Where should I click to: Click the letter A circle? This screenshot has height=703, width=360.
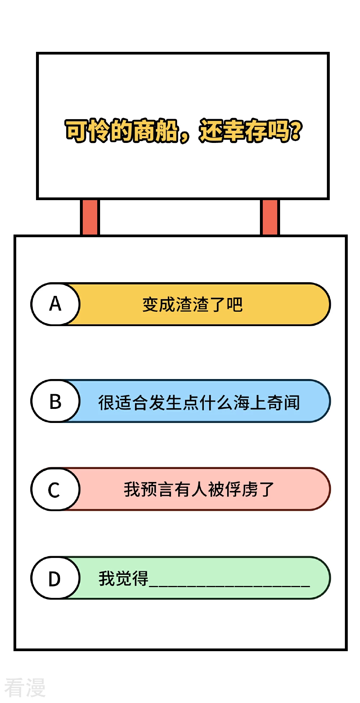pyautogui.click(x=55, y=304)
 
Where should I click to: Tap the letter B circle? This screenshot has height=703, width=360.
pyautogui.click(x=55, y=401)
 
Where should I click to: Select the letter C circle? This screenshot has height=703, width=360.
pyautogui.click(x=55, y=489)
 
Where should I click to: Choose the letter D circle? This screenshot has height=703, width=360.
pyautogui.click(x=55, y=578)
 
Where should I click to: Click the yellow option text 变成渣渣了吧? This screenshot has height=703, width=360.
pyautogui.click(x=193, y=305)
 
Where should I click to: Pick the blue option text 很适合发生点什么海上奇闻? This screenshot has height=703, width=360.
pyautogui.click(x=199, y=402)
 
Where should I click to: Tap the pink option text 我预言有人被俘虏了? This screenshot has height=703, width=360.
pyautogui.click(x=199, y=490)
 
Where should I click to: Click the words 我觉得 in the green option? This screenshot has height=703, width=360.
pyautogui.click(x=123, y=578)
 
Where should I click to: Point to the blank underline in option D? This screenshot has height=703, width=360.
pyautogui.click(x=230, y=586)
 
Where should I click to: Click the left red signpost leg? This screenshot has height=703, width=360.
pyautogui.click(x=90, y=217)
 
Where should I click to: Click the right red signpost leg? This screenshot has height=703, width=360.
pyautogui.click(x=270, y=217)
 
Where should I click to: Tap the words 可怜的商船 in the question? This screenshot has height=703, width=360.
pyautogui.click(x=122, y=130)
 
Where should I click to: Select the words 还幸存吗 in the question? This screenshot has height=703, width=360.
pyautogui.click(x=245, y=130)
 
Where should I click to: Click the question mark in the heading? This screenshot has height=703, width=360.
pyautogui.click(x=296, y=130)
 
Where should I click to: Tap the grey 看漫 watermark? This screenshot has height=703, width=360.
pyautogui.click(x=25, y=687)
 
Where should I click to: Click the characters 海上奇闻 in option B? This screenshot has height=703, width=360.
pyautogui.click(x=267, y=402)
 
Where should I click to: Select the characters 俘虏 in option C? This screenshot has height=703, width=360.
pyautogui.click(x=241, y=490)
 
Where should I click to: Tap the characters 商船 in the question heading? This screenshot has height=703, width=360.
pyautogui.click(x=156, y=130)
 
